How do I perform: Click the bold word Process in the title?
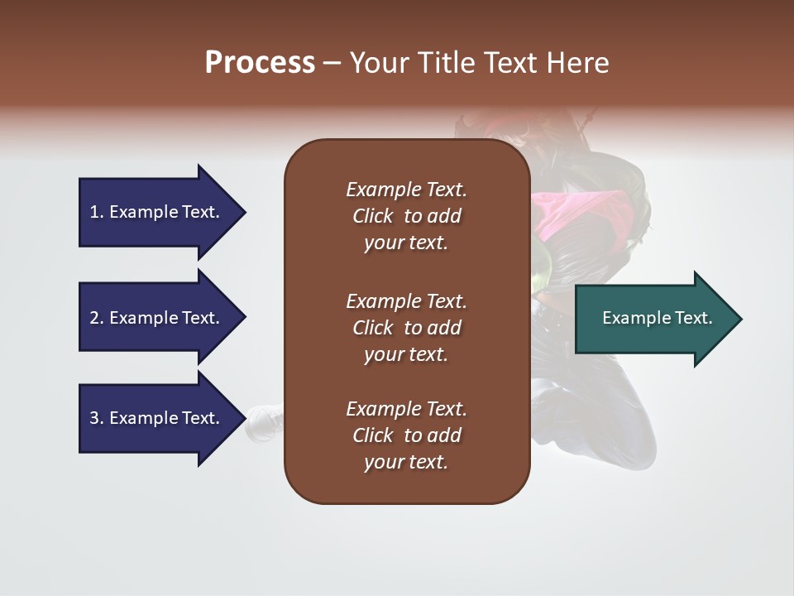260,63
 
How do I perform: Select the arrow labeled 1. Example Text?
157,212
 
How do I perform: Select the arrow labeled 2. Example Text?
157,318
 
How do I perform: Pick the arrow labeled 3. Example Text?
157,418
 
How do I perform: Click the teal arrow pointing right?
653,318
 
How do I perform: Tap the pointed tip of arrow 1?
243,212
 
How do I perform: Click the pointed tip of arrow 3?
243,418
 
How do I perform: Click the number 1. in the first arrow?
97,212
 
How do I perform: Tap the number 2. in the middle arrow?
97,318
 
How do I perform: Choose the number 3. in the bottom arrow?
97,418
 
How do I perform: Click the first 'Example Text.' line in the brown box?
406,190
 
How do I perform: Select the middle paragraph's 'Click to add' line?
406,328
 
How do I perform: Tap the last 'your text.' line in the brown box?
406,462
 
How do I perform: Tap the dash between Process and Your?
332,63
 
